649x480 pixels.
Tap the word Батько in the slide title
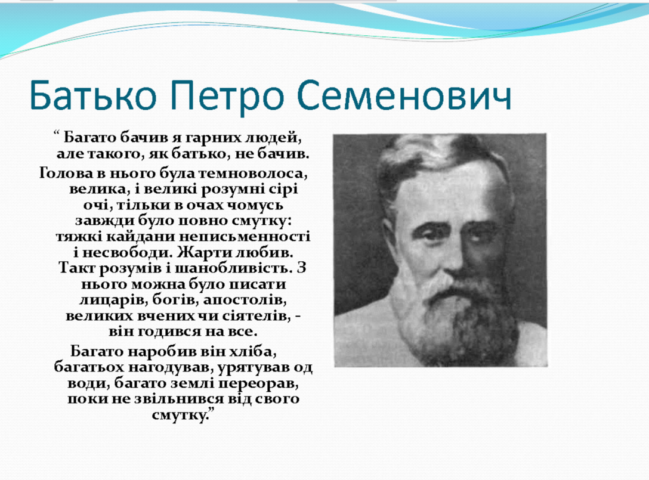[x=93, y=95]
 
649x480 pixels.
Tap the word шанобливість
[x=233, y=268]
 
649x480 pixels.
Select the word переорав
[x=258, y=383]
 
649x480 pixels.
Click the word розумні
[x=228, y=190]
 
